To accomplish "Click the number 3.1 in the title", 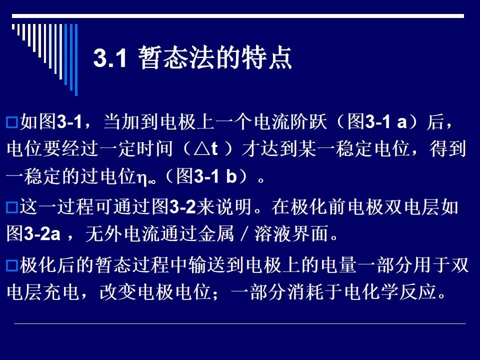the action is tap(110, 58).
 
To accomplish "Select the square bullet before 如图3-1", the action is tap(12, 122).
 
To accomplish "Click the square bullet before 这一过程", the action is tap(12, 207).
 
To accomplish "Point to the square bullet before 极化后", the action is tap(12, 265).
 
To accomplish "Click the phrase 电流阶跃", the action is tap(290, 121).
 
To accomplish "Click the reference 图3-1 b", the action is tap(207, 176).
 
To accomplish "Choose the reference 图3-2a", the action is tap(33, 233).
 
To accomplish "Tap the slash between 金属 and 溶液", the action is tap(244, 233).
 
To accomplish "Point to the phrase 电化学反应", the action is tap(390, 291).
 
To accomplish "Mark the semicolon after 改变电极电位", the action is tap(216, 294).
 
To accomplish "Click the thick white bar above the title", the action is tap(238, 16).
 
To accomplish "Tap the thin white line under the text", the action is tap(239, 323).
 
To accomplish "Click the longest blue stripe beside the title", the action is tap(76, 59).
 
